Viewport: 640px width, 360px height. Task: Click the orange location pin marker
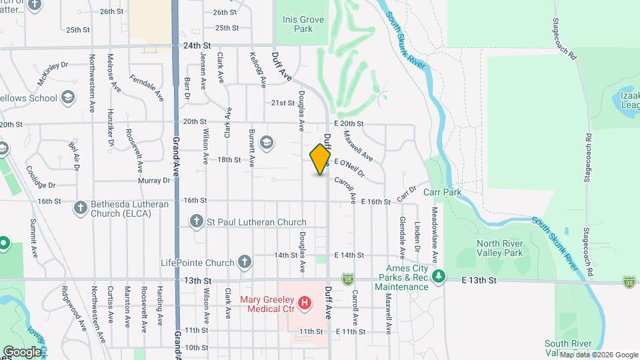click(x=321, y=159)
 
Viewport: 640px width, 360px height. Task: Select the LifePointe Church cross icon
click(x=245, y=262)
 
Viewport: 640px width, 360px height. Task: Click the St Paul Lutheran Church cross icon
click(x=196, y=221)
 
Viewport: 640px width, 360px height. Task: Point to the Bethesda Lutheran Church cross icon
click(x=80, y=207)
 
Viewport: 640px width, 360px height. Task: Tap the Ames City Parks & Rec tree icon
click(x=438, y=276)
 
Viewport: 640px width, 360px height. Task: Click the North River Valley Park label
click(x=499, y=248)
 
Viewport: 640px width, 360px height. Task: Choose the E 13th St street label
click(x=481, y=281)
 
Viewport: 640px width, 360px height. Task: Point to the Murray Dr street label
click(x=155, y=181)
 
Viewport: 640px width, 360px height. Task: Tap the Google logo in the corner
click(x=22, y=351)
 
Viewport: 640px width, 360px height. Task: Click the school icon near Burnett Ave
click(x=267, y=142)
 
